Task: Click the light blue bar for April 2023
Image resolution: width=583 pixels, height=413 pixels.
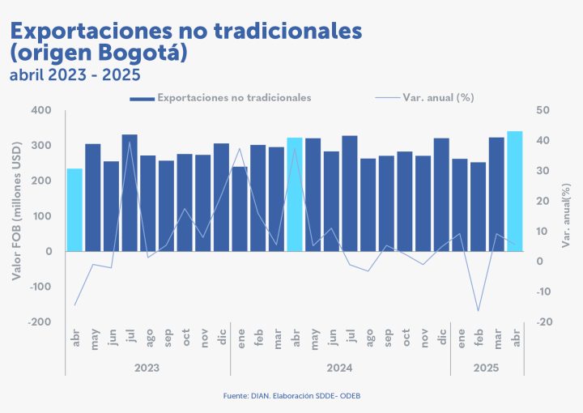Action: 74,211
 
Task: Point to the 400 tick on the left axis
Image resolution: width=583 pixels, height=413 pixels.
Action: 40,110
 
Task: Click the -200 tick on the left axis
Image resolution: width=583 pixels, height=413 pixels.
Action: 38,322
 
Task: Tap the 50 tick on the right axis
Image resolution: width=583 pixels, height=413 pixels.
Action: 543,110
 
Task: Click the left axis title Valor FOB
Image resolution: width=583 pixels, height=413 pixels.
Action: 16,215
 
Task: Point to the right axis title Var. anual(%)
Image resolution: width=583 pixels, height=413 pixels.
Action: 568,215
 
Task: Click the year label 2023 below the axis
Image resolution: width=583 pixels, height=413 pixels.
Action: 147,368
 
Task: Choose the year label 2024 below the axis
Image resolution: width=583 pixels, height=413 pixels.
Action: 339,368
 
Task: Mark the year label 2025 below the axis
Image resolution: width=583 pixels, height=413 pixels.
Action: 487,368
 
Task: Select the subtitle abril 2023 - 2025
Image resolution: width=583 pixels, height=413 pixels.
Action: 75,75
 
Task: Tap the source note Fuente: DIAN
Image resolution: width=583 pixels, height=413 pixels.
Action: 291,396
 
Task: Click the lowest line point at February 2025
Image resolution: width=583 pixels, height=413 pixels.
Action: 478,311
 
